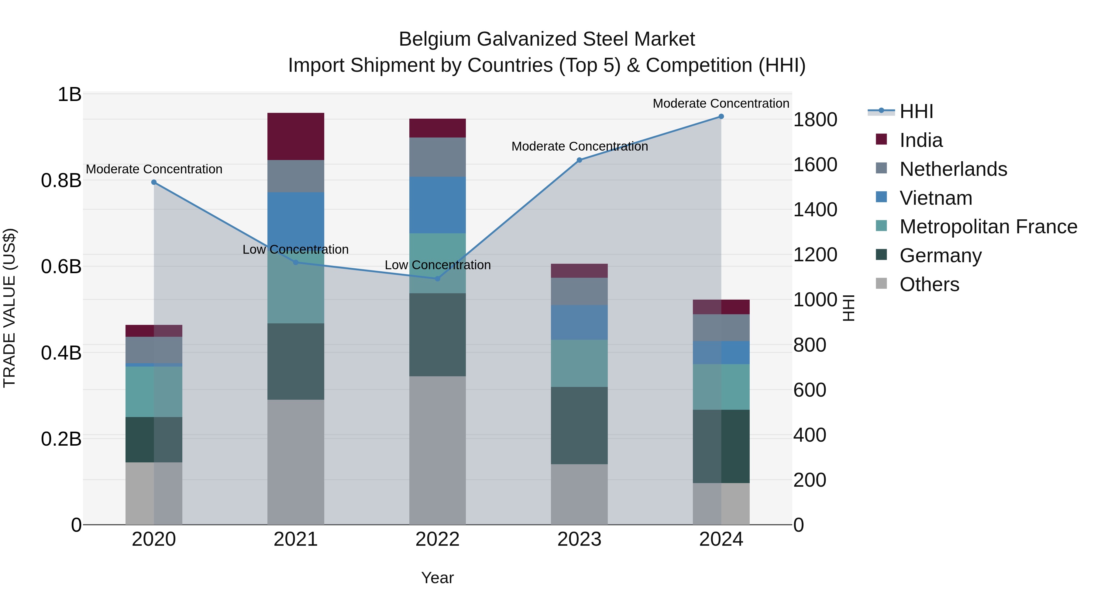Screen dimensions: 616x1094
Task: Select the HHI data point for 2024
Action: click(721, 117)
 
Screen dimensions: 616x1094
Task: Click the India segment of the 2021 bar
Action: click(296, 137)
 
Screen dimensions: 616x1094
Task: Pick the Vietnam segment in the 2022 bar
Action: click(437, 205)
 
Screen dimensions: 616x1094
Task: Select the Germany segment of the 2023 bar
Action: click(579, 425)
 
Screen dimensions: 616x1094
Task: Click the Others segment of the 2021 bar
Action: click(296, 462)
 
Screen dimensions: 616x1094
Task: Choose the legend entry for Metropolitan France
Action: click(988, 227)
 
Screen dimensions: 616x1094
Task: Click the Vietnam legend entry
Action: click(936, 198)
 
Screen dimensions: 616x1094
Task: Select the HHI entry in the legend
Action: click(916, 111)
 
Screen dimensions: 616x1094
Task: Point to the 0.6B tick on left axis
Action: click(61, 266)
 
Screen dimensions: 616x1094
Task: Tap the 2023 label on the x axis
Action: click(579, 539)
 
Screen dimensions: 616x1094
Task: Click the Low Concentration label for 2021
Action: click(296, 249)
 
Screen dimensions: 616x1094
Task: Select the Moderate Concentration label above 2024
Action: click(721, 103)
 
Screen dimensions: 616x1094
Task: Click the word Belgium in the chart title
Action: click(435, 39)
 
